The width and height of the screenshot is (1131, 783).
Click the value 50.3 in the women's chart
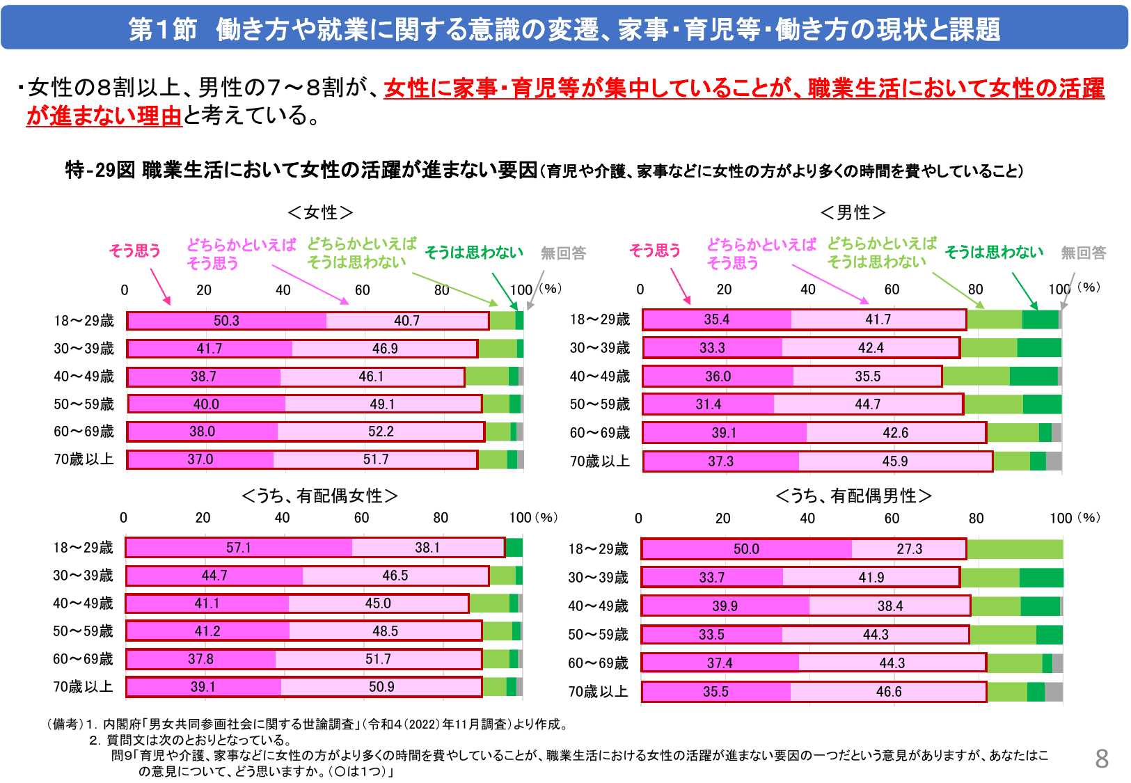[226, 321]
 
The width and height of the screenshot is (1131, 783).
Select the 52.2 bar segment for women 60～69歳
[381, 432]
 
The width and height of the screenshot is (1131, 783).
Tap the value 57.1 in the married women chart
[238, 548]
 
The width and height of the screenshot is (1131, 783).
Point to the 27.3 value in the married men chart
[909, 549]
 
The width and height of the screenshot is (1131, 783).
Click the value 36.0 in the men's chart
[718, 377]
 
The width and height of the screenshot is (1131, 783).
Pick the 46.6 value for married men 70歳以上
[889, 692]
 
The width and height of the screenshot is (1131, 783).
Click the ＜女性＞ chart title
[320, 212]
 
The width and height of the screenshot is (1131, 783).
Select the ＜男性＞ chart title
[853, 212]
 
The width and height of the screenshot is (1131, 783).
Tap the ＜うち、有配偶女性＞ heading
[320, 496]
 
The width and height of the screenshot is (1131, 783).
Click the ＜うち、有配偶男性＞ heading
[853, 496]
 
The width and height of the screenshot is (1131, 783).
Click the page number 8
[1102, 759]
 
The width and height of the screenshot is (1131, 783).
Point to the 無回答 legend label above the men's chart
[1083, 253]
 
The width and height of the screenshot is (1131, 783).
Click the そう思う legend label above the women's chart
[135, 251]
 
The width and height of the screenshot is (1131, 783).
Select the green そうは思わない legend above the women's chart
[474, 253]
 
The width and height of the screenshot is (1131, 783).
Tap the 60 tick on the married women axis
[361, 518]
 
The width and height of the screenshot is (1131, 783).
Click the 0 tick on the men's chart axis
[640, 290]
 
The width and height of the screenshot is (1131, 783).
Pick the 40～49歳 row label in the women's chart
[84, 377]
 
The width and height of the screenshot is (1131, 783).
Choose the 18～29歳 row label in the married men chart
[598, 549]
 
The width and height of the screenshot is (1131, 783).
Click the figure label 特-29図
[100, 171]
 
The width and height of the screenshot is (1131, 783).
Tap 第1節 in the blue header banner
[163, 30]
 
